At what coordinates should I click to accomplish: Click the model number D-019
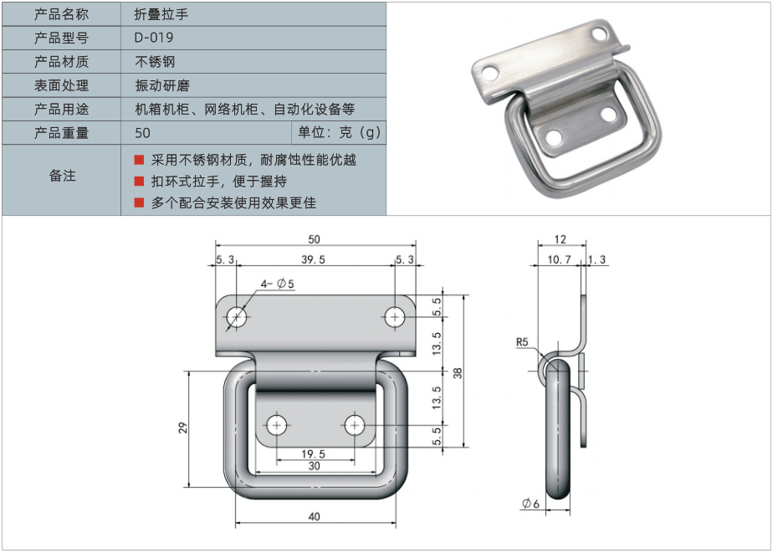coord(154,38)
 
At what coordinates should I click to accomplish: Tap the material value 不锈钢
coord(155,61)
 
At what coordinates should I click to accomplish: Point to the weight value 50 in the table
coord(142,132)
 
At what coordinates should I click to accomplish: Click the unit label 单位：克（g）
coord(339,132)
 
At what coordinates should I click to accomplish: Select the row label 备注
coord(62,176)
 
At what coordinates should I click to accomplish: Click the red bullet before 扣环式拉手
coord(140,181)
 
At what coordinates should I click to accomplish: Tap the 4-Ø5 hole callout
coord(278,284)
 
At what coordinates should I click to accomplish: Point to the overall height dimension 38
coord(458,373)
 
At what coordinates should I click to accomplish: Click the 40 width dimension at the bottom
coord(314,516)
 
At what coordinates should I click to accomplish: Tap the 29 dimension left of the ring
coord(182,428)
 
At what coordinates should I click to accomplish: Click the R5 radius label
coord(522,342)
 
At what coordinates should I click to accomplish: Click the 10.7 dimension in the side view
coord(559,260)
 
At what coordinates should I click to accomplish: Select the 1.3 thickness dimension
coord(597,260)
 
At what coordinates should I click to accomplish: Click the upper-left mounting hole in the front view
coord(237,317)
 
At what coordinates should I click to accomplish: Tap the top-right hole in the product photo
coord(599,34)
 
